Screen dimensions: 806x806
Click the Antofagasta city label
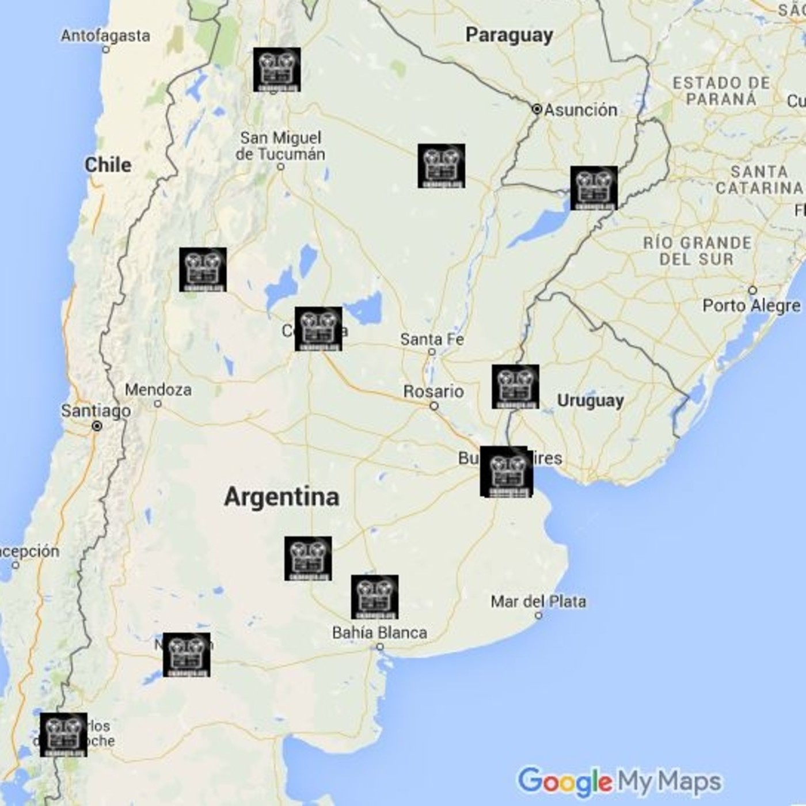click(x=105, y=36)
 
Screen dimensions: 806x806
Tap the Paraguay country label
click(x=509, y=35)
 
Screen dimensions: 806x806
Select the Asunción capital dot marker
click(x=537, y=109)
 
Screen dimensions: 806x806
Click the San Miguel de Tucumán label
click(x=280, y=146)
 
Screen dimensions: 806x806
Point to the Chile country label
click(x=108, y=165)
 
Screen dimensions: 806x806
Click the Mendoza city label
click(x=158, y=390)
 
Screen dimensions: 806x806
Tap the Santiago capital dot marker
click(x=97, y=426)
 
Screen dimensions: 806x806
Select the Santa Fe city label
click(x=432, y=340)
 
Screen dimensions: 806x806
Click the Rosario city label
click(x=434, y=391)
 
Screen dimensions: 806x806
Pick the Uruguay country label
click(x=590, y=401)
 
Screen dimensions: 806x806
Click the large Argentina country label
click(x=282, y=497)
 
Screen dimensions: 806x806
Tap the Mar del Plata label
click(x=538, y=602)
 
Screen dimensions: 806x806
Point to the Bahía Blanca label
click(x=379, y=633)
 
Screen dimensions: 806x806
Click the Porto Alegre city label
click(x=751, y=305)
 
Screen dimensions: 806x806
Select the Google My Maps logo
click(x=619, y=782)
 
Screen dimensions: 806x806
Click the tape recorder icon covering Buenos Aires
click(x=505, y=472)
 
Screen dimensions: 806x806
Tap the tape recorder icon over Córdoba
click(x=318, y=329)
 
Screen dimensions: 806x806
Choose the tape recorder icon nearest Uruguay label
click(x=515, y=386)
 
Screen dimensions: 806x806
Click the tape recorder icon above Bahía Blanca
click(x=375, y=596)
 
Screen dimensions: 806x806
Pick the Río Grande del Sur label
click(x=697, y=250)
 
